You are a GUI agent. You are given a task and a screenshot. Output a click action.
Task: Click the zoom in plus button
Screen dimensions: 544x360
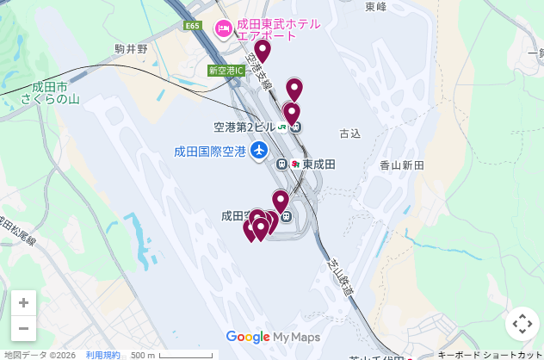click(23, 303)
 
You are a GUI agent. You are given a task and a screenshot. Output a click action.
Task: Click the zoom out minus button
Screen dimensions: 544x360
click(23, 328)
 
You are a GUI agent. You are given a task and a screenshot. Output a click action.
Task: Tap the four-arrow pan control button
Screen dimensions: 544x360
click(522, 324)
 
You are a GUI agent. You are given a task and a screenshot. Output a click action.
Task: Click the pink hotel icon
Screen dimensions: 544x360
click(224, 29)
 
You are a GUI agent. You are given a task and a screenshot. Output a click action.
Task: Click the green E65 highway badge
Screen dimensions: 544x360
click(192, 26)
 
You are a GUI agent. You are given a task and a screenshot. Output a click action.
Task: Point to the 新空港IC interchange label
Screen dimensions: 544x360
click(226, 71)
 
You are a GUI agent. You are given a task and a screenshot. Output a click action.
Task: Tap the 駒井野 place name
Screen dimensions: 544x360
click(131, 50)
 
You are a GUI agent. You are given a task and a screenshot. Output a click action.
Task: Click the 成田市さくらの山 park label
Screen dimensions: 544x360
click(50, 93)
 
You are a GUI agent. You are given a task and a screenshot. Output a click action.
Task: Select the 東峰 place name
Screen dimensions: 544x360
click(375, 7)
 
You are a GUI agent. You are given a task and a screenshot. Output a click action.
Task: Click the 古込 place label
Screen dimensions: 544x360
click(349, 134)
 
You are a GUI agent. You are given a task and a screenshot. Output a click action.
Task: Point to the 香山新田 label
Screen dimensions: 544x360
click(402, 164)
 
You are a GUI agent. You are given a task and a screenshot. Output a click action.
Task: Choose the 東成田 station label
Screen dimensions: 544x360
click(318, 164)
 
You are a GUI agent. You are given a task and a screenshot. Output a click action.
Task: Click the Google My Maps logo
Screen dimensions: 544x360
click(272, 338)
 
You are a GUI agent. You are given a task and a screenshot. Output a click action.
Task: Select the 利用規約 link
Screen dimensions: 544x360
click(102, 355)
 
